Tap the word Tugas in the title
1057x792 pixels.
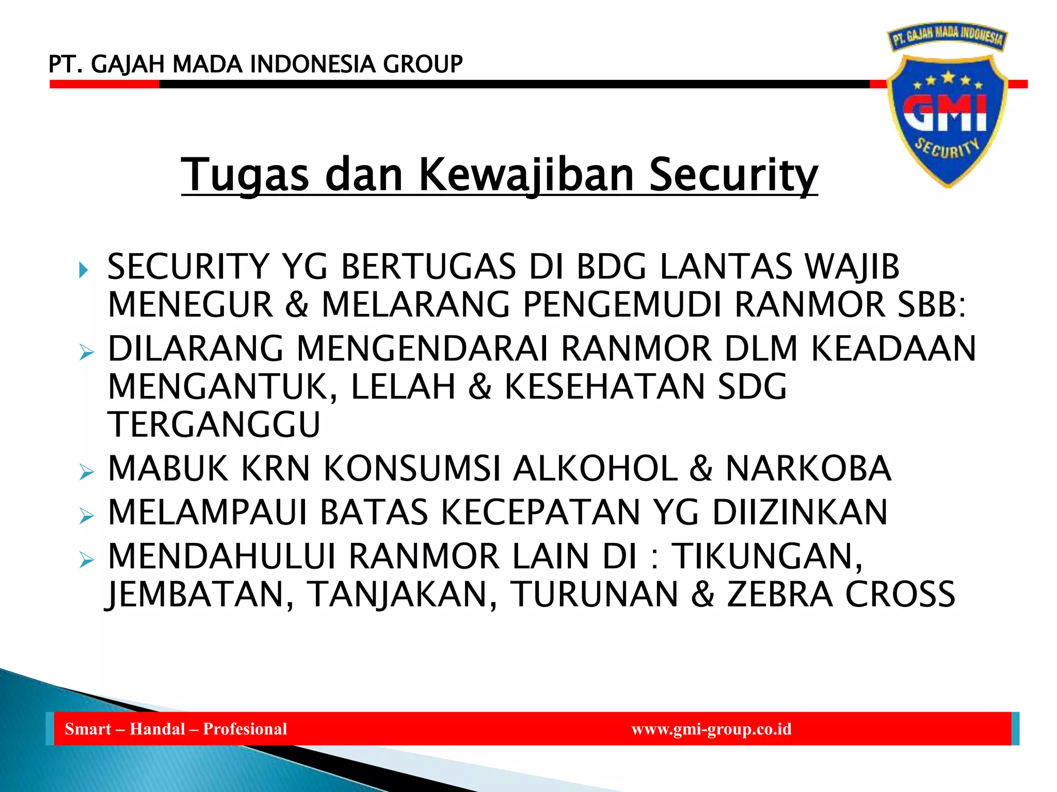pyautogui.click(x=245, y=175)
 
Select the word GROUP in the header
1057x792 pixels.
pyautogui.click(x=423, y=64)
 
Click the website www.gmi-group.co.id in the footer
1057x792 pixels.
pyautogui.click(x=711, y=729)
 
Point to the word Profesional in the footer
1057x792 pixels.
pyautogui.click(x=245, y=729)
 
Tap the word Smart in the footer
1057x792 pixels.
pyautogui.click(x=88, y=729)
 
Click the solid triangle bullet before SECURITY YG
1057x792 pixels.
pyautogui.click(x=84, y=270)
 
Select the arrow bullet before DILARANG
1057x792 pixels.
pyautogui.click(x=87, y=353)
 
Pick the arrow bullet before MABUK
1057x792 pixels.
pyautogui.click(x=87, y=472)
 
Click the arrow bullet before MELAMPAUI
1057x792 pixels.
pyautogui.click(x=87, y=516)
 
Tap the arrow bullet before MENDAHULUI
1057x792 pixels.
pyautogui.click(x=87, y=559)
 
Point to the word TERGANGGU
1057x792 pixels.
pyautogui.click(x=214, y=424)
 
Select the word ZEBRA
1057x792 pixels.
pyautogui.click(x=780, y=594)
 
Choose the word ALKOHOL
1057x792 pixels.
pyautogui.click(x=595, y=469)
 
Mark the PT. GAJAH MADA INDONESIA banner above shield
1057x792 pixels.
pyautogui.click(x=948, y=37)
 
